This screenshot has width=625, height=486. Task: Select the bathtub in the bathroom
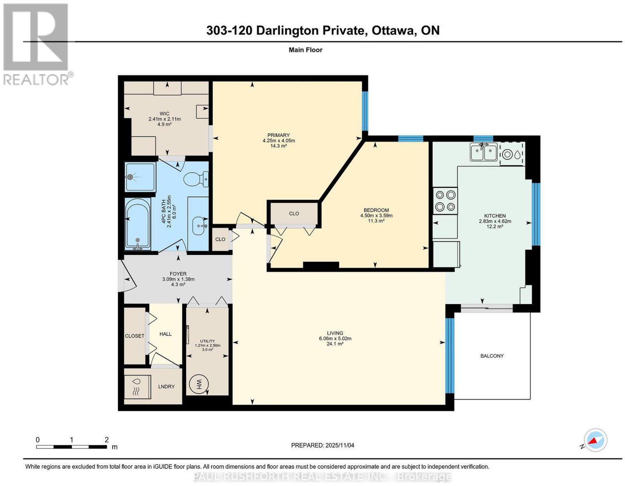tap(138, 224)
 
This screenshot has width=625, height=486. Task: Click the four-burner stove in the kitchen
tap(445, 201)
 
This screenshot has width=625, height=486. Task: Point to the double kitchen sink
tap(484, 152)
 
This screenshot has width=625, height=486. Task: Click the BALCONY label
tap(492, 356)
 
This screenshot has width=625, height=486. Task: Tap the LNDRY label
tap(166, 386)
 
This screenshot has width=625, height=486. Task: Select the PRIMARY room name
tap(278, 135)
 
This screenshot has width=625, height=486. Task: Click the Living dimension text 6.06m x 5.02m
tap(335, 338)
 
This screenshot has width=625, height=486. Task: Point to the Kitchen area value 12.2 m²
tap(495, 226)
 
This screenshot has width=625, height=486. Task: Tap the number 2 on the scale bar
tap(107, 440)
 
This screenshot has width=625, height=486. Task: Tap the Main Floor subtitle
tap(305, 50)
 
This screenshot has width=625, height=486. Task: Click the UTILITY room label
tap(207, 341)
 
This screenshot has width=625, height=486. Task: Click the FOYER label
tap(178, 274)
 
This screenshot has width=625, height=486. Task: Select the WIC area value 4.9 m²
tap(164, 124)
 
